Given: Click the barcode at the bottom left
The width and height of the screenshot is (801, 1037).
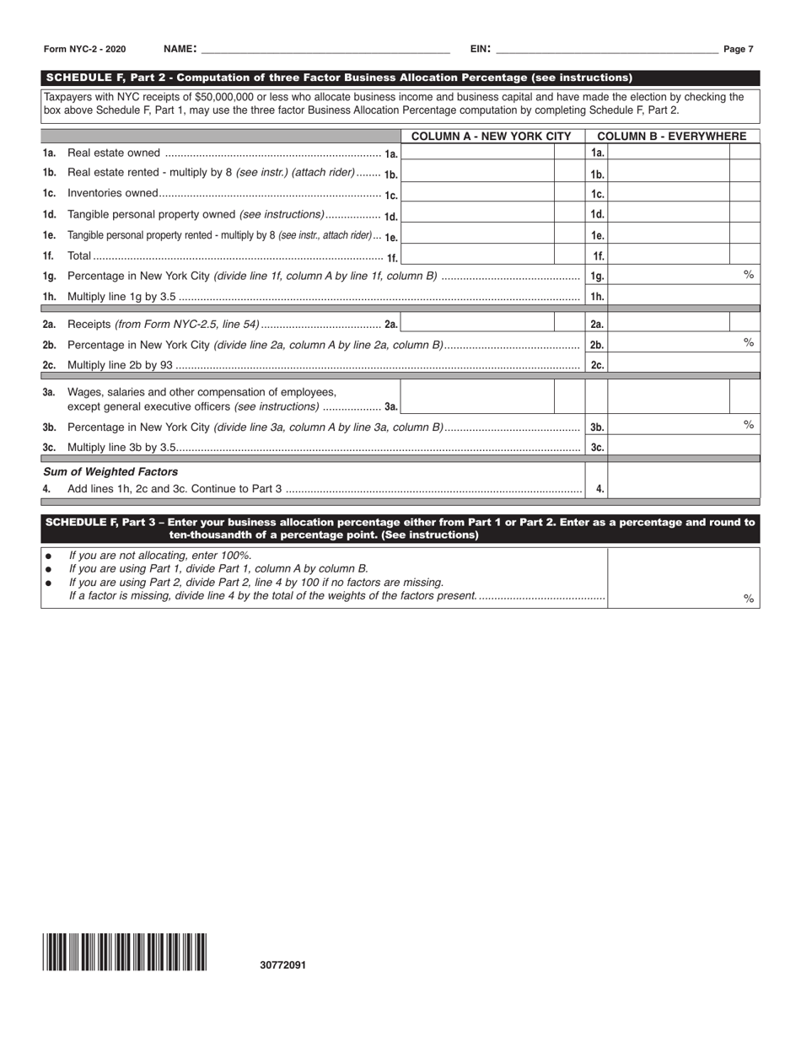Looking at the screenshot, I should (x=125, y=953).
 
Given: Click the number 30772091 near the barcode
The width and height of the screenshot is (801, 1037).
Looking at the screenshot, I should (x=283, y=965).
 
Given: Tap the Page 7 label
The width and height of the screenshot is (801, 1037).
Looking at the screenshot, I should (x=738, y=49).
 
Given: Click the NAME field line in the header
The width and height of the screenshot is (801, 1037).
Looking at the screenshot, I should (x=324, y=49).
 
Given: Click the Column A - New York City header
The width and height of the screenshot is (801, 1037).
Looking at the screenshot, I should (x=491, y=136).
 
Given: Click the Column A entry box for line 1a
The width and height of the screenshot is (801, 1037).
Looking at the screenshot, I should (x=478, y=153).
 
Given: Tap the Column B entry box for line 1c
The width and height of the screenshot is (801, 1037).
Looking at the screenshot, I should (x=669, y=194).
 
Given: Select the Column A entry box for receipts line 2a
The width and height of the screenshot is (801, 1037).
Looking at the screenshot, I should (x=478, y=323).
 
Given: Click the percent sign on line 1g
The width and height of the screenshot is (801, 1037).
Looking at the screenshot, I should (x=748, y=274).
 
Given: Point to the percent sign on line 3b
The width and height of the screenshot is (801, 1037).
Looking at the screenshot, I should (x=748, y=424).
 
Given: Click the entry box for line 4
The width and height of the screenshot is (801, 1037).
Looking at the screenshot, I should (x=683, y=488).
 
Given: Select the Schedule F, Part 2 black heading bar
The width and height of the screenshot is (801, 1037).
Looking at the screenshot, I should (x=400, y=78).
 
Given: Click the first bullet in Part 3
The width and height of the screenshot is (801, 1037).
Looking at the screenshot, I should (x=48, y=556).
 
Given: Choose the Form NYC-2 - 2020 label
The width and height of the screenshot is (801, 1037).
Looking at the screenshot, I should (x=84, y=49).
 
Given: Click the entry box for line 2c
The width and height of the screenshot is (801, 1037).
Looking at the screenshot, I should (x=683, y=364).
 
